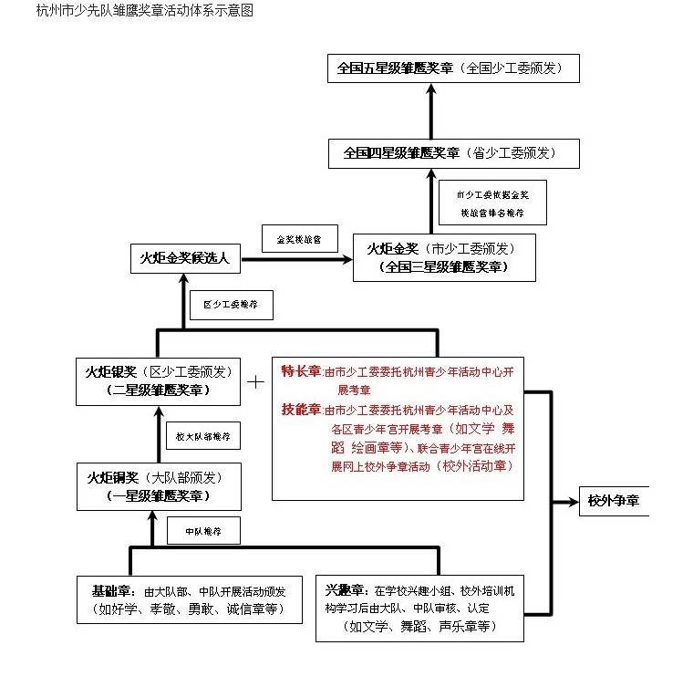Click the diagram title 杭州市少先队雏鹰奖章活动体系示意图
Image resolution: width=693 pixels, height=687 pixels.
[144, 12]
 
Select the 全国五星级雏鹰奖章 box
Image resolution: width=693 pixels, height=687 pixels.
[453, 68]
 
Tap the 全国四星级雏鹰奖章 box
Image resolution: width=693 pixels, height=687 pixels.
[454, 153]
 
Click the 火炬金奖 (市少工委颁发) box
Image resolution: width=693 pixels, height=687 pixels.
[444, 256]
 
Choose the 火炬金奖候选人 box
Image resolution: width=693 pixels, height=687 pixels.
[185, 259]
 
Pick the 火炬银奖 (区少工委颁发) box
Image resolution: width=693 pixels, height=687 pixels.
[159, 380]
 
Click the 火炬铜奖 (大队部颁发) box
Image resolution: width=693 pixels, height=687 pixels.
[159, 486]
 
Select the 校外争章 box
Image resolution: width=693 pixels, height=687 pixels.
[613, 502]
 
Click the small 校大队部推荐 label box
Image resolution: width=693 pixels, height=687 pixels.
[203, 436]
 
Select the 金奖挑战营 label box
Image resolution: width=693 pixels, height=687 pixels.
[295, 239]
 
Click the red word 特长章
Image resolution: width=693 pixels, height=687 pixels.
[301, 370]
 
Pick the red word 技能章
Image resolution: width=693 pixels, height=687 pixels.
[301, 409]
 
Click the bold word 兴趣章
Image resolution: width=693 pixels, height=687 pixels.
[344, 589]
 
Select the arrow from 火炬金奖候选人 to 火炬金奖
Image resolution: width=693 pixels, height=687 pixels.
[297, 259]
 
